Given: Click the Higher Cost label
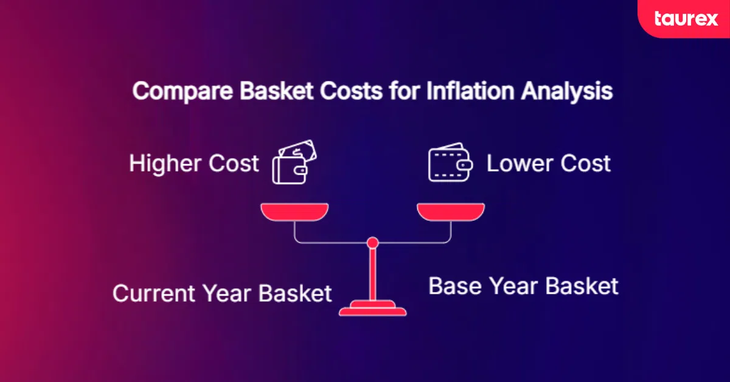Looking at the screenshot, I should click(x=194, y=164).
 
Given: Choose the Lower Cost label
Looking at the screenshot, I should click(x=548, y=164).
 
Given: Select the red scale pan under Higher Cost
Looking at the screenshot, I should click(x=294, y=212).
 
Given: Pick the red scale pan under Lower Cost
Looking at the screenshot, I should click(x=451, y=212).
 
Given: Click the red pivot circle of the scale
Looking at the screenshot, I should click(x=373, y=243).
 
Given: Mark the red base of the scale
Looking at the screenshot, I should click(x=373, y=310).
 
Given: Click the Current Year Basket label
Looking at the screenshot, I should click(x=222, y=293).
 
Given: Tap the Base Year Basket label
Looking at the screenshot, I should click(x=523, y=286).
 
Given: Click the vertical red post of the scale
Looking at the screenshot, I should click(x=373, y=274).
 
